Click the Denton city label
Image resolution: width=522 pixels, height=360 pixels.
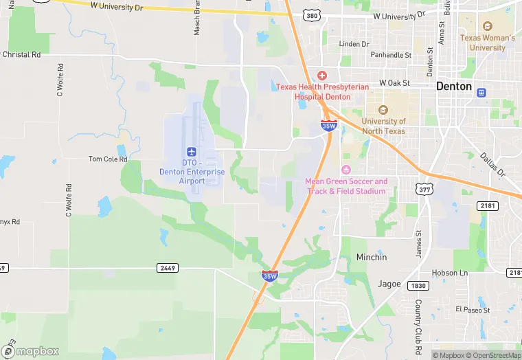pyautogui.click(x=455, y=87)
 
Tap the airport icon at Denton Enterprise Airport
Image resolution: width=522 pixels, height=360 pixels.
pyautogui.click(x=192, y=151)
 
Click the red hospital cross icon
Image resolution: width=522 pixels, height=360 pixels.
pyautogui.click(x=321, y=76)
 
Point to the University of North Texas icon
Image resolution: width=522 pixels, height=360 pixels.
pyautogui.click(x=383, y=110)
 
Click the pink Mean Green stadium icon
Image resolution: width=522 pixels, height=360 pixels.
pyautogui.click(x=346, y=170)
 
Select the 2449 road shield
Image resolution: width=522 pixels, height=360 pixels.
pyautogui.click(x=166, y=267)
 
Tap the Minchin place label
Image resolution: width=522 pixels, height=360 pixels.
pyautogui.click(x=372, y=257)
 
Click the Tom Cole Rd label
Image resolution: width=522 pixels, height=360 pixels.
pyautogui.click(x=109, y=159)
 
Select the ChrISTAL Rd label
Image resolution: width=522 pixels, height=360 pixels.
pyautogui.click(x=22, y=54)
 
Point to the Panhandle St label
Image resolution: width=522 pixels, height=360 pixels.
pyautogui.click(x=390, y=55)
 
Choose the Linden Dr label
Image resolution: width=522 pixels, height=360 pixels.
pyautogui.click(x=354, y=44)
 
